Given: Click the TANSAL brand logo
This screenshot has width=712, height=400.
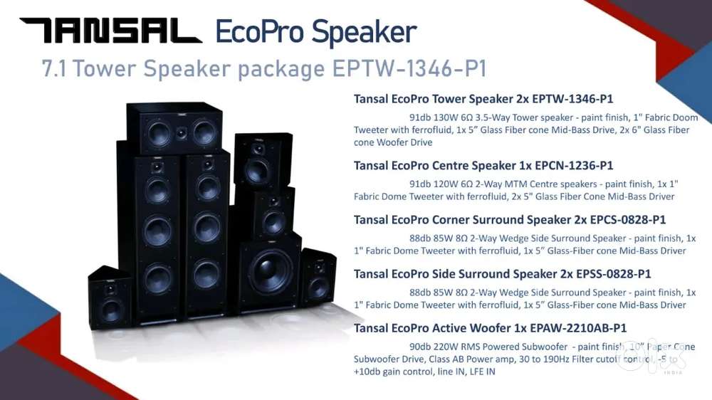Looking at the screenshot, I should click(110, 31).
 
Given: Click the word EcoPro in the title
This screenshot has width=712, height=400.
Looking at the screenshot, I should click(260, 32).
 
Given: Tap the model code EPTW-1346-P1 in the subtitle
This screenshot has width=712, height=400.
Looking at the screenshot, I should click(409, 69).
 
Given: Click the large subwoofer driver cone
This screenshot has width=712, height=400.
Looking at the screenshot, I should click(271, 269).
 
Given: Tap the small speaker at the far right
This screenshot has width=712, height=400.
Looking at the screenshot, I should click(318, 278).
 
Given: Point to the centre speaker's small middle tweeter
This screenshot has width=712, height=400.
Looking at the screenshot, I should click(182, 132).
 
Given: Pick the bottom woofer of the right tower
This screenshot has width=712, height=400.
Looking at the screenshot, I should click(206, 274).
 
